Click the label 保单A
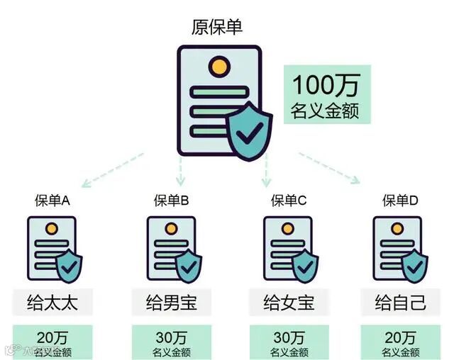(x=52, y=201)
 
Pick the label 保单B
(x=171, y=201)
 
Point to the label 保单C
(x=288, y=201)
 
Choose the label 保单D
(x=400, y=201)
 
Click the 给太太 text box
(x=52, y=303)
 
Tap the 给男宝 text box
(x=171, y=303)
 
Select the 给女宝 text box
(x=288, y=303)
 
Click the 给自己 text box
(x=400, y=303)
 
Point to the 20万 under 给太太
(x=52, y=336)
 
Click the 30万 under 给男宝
(x=170, y=336)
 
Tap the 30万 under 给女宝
(x=288, y=336)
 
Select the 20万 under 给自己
(x=400, y=336)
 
